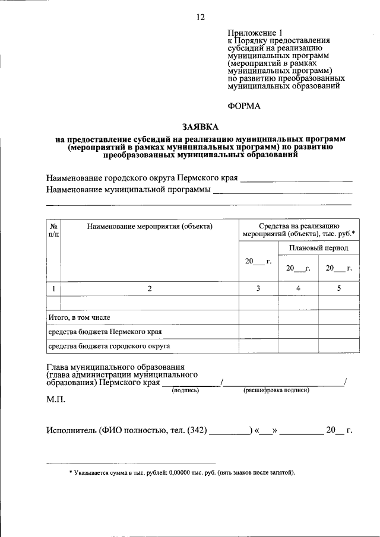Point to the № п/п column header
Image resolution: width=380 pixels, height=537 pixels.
pos(53,230)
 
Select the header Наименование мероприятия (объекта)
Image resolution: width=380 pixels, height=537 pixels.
pos(150,226)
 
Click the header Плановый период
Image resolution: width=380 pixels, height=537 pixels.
pos(319,247)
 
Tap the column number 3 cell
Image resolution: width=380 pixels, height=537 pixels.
pos(258,288)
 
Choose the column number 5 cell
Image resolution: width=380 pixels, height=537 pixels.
pos(339,288)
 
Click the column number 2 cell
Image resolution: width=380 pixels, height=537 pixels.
pos(150,288)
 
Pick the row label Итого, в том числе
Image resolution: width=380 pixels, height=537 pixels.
pos(79,318)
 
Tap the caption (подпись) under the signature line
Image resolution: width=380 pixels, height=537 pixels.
pos(185,390)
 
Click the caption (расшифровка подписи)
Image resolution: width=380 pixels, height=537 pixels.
pos(276,390)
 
